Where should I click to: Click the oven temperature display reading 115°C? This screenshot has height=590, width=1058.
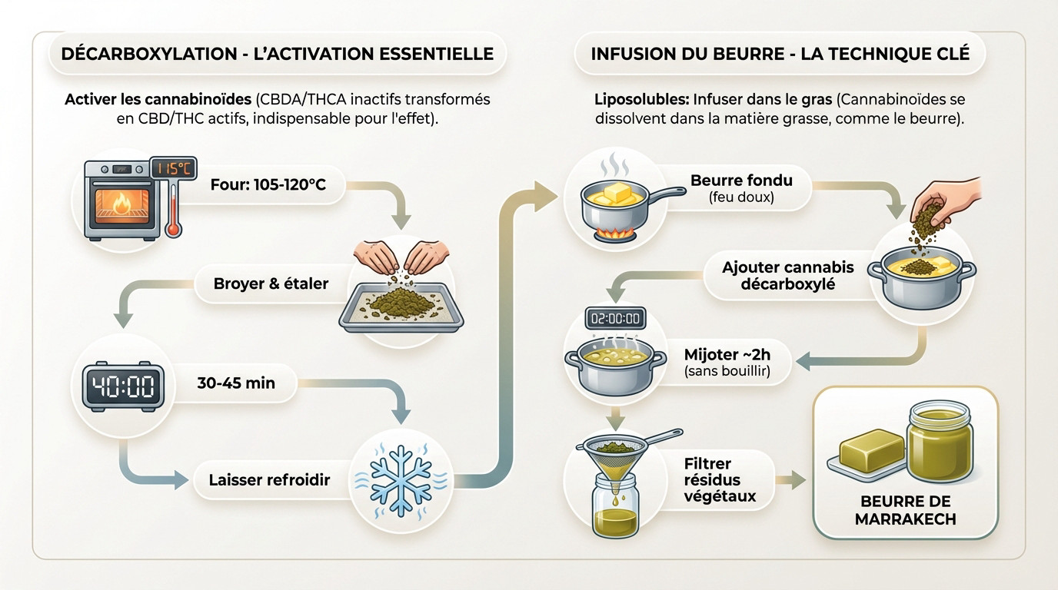click(173, 168)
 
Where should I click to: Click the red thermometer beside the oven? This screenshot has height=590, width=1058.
click(174, 211)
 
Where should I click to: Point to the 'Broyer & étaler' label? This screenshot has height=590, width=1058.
click(271, 283)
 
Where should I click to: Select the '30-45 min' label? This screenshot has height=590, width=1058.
click(235, 382)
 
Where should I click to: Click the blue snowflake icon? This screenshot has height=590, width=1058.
click(401, 480)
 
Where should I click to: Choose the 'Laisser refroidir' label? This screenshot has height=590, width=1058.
click(269, 480)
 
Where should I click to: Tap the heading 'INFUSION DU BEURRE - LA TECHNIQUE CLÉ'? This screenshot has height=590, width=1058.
click(780, 54)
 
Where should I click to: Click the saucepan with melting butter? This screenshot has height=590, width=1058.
click(619, 202)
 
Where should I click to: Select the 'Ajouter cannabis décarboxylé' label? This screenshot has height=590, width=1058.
click(787, 276)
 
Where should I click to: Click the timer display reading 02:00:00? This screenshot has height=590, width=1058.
click(615, 317)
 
